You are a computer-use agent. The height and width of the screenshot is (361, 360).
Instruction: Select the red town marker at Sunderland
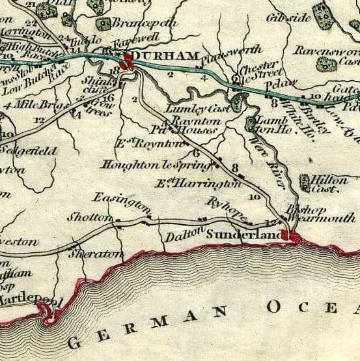(294, 237)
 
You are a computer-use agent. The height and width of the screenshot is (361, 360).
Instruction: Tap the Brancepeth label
(145, 23)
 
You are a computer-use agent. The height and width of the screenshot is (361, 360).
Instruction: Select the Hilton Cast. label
(329, 184)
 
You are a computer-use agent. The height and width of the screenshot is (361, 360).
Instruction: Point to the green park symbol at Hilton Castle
(305, 183)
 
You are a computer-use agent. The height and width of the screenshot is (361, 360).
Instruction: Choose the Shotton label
(88, 218)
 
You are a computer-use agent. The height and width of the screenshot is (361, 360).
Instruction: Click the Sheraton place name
(95, 252)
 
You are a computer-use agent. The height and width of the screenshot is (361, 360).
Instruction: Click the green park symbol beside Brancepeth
(104, 24)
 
